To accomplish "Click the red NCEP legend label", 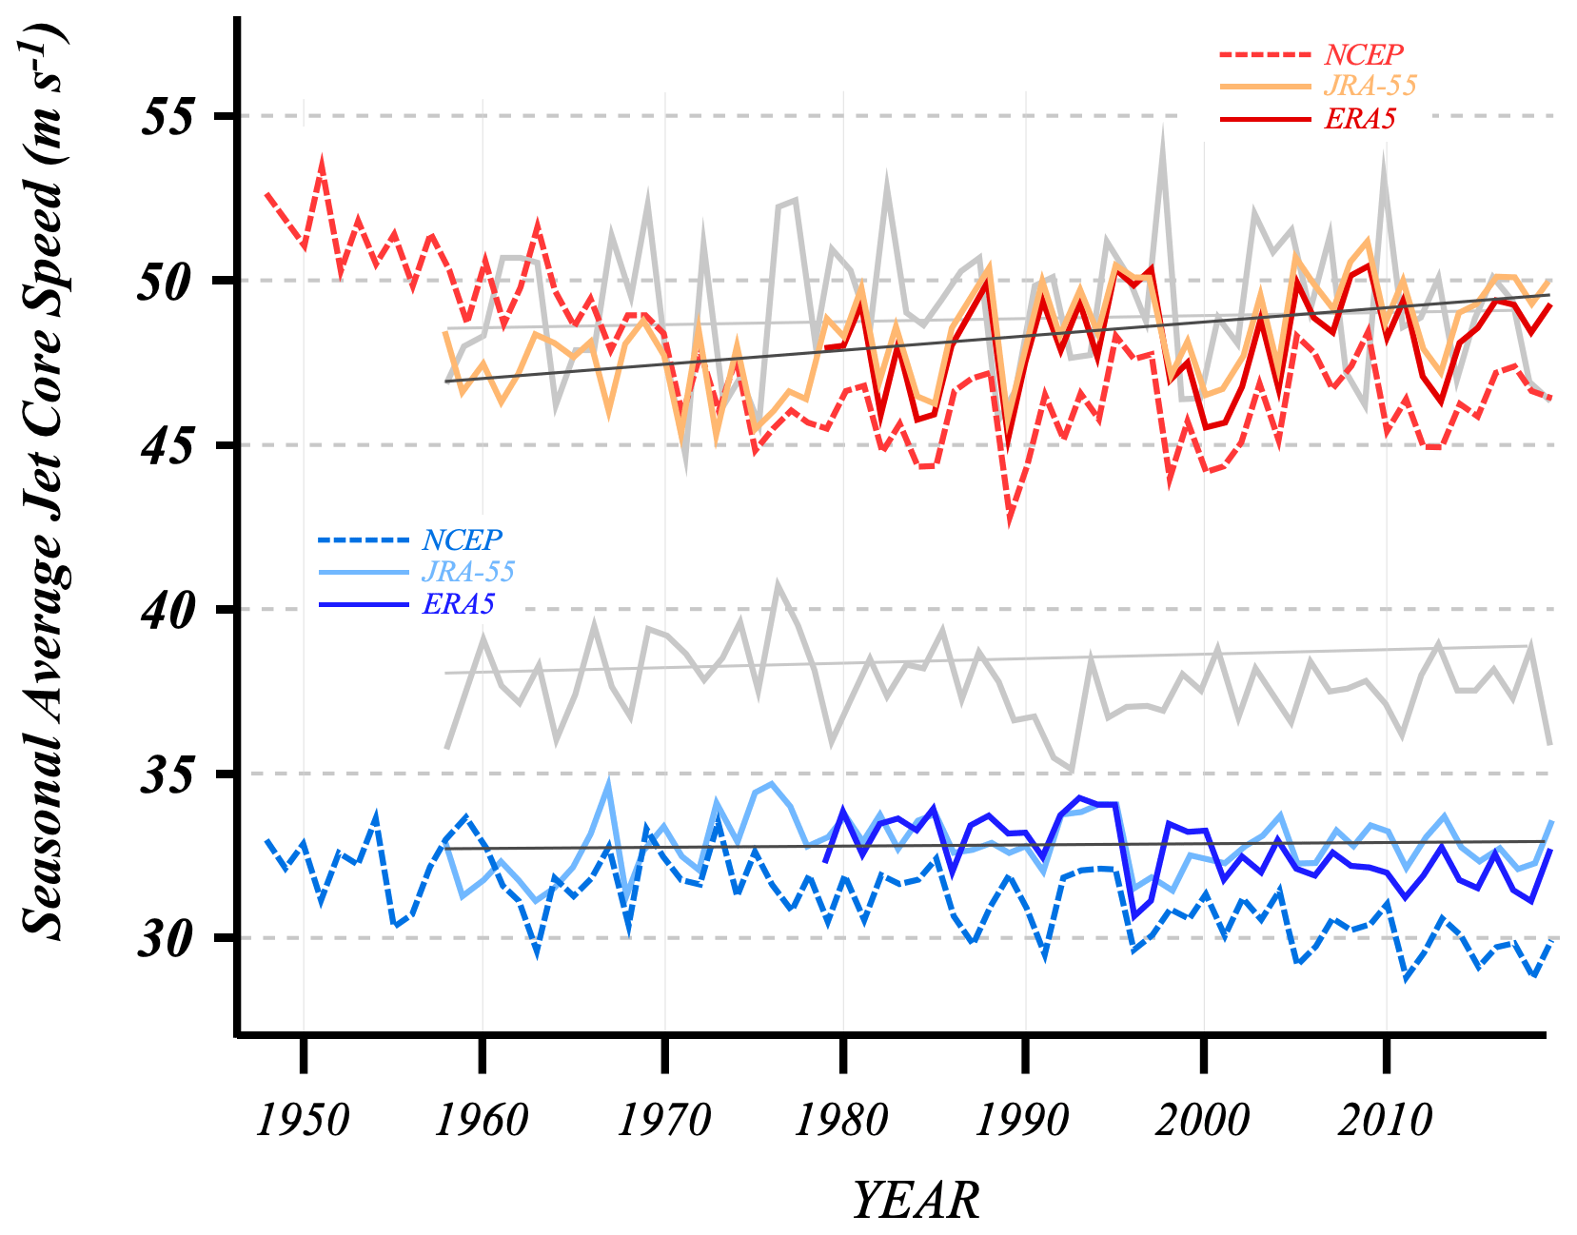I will tap(1363, 55).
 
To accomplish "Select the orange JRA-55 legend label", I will tap(1370, 86).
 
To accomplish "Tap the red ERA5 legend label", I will tap(1360, 119).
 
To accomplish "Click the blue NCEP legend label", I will tap(462, 540).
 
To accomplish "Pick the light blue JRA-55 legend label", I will tap(468, 572).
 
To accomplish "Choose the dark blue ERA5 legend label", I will tap(459, 605).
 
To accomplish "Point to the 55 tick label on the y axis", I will tap(167, 117).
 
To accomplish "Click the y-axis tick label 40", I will tap(167, 610).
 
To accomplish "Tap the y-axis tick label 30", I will tap(167, 939).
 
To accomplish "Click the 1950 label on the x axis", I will tap(303, 1120).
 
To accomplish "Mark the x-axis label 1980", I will tap(841, 1120).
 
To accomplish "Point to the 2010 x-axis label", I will tap(1385, 1120).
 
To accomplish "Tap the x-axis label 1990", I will tap(1023, 1120).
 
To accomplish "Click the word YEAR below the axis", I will tap(915, 1200).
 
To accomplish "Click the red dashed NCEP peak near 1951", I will tap(323, 161).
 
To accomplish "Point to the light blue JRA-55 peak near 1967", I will tap(609, 783).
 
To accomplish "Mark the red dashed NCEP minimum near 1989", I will tap(1009, 519).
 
